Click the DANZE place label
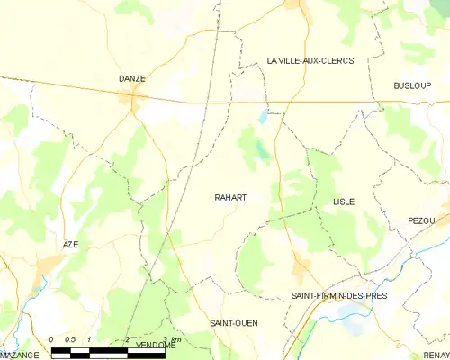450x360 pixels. pyautogui.click(x=132, y=78)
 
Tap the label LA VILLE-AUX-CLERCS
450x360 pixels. pyautogui.click(x=310, y=60)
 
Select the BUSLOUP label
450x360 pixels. pyautogui.click(x=412, y=85)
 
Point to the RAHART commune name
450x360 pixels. pyautogui.click(x=230, y=197)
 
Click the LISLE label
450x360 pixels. pyautogui.click(x=343, y=202)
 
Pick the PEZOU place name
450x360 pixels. pyautogui.click(x=421, y=220)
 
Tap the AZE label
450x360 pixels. pyautogui.click(x=71, y=245)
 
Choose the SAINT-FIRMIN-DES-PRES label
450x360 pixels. pyautogui.click(x=339, y=295)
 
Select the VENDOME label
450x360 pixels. pyautogui.click(x=156, y=345)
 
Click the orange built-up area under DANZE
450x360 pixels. pyautogui.click(x=135, y=101)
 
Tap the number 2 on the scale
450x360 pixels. pyautogui.click(x=127, y=338)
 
